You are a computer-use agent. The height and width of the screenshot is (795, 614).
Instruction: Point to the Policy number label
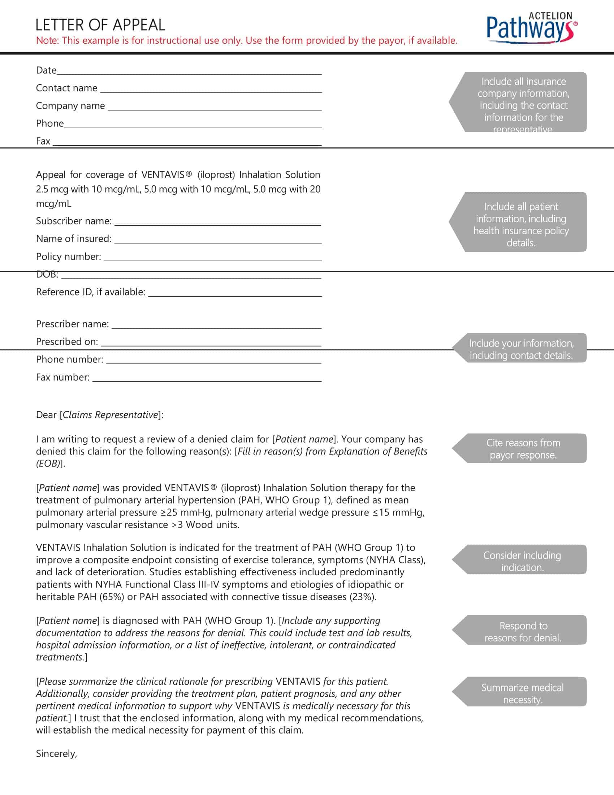[68, 257]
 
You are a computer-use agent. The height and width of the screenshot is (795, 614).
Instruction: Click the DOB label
[47, 275]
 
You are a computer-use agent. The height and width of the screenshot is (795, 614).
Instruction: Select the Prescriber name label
[72, 324]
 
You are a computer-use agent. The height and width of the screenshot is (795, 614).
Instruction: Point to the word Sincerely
[56, 753]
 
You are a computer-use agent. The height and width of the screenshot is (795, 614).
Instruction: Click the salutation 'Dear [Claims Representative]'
[100, 415]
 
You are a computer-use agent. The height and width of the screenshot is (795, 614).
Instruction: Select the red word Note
[47, 40]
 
